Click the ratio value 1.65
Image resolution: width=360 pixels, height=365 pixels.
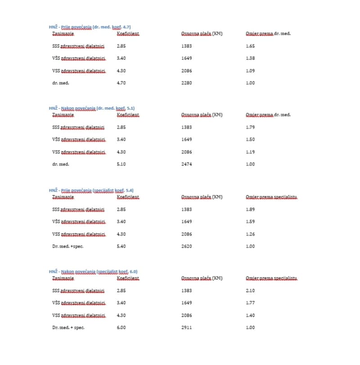[x=251, y=46]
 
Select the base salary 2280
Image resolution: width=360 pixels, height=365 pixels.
[x=186, y=83]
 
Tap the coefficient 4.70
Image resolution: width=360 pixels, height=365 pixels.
[x=121, y=83]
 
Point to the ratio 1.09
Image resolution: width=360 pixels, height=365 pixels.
[x=251, y=71]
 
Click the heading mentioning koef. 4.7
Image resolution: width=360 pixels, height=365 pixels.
[x=90, y=27]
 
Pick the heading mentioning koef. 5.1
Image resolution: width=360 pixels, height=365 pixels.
[x=91, y=108]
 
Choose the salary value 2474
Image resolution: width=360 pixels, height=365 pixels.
[x=186, y=165]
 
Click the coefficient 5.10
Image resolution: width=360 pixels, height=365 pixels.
[x=121, y=165]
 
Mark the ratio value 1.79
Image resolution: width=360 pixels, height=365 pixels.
[x=251, y=128]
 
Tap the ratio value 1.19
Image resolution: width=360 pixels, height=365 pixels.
[x=251, y=152]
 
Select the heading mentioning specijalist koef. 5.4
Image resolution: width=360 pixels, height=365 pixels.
[x=91, y=190]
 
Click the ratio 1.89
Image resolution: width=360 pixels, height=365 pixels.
[x=251, y=209]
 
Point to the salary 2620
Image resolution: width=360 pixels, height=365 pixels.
[x=186, y=246]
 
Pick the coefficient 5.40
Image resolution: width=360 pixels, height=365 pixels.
[x=121, y=246]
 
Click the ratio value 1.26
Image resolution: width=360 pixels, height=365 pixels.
[x=251, y=234]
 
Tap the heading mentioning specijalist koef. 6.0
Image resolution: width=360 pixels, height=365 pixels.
[x=93, y=272]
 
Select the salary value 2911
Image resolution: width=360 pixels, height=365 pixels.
[x=186, y=328]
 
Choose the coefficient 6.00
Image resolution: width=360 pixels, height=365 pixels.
[x=121, y=328]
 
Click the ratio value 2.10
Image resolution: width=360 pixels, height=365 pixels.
[x=251, y=291]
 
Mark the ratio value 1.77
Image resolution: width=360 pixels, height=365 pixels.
[x=251, y=303]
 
